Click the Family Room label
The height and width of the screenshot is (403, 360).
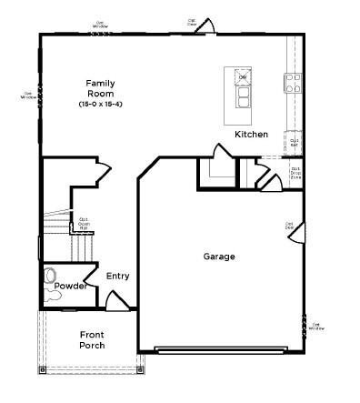tap(100, 88)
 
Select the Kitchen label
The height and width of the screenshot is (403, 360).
tap(251, 135)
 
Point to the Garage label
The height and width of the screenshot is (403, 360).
tap(218, 257)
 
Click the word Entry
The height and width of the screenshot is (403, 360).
tap(118, 277)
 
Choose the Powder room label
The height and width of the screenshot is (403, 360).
tap(70, 286)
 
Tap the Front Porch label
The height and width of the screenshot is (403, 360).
tap(92, 340)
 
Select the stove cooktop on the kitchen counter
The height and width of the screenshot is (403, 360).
tap(294, 84)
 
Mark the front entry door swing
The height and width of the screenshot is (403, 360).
tap(116, 299)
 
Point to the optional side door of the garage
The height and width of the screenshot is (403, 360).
tap(295, 234)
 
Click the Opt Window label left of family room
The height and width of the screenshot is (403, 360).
tap(28, 94)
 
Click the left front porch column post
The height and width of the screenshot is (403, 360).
tap(42, 370)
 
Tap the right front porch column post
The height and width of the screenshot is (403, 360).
tap(140, 370)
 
